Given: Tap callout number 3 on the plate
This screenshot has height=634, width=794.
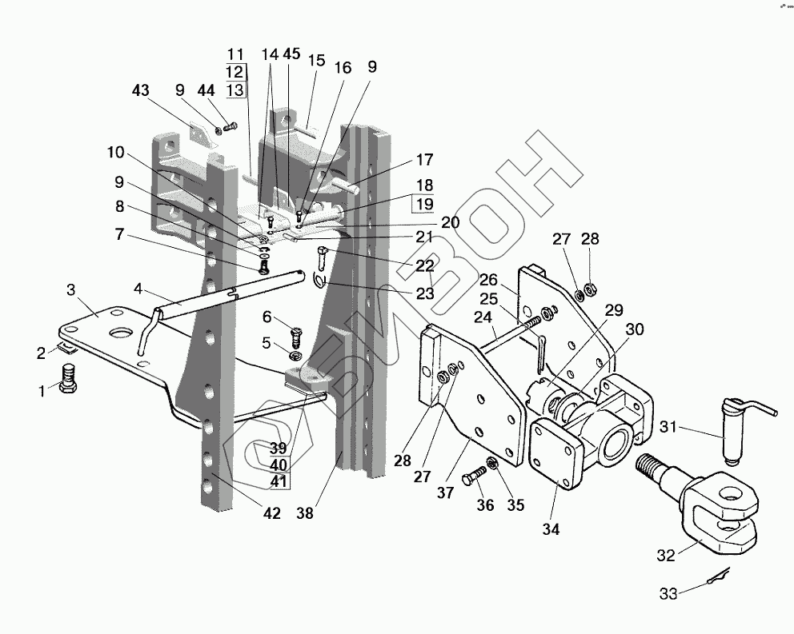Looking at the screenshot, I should pos(71,289).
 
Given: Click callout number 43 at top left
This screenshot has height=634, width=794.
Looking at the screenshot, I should pos(141,91).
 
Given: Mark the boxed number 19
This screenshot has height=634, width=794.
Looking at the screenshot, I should pos(424,204).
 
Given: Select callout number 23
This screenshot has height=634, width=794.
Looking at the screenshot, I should pos(424,293).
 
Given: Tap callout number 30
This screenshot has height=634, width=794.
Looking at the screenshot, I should pos(635,329).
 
